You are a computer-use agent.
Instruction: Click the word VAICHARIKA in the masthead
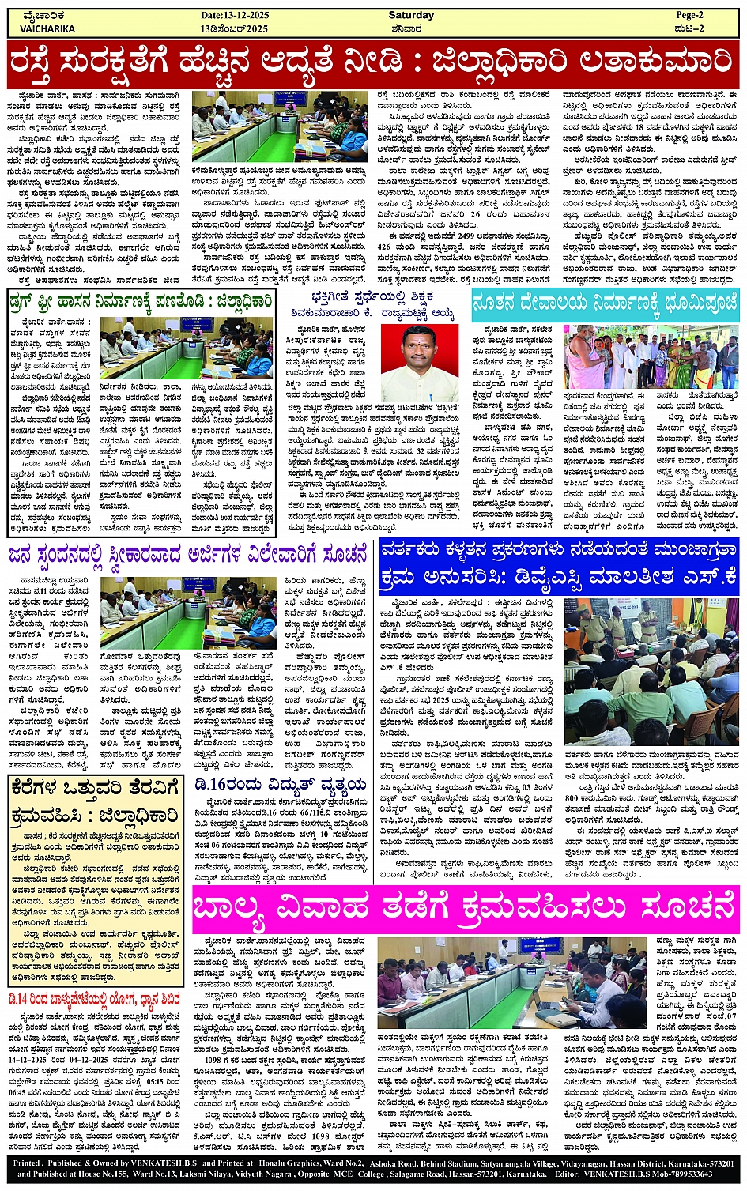click(47, 28)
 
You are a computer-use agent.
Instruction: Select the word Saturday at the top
click(411, 15)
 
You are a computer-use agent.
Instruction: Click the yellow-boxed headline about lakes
click(96, 801)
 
